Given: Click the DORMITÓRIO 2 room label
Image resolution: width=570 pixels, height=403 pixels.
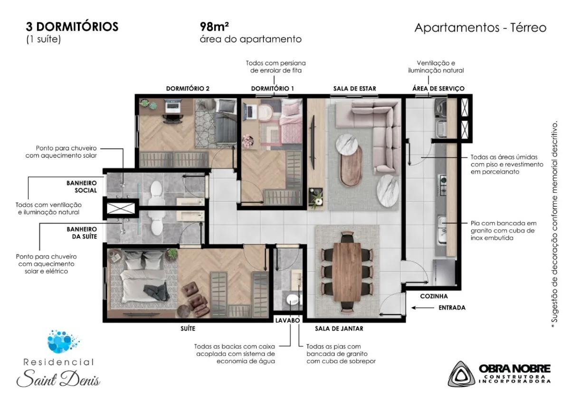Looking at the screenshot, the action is click(188, 88).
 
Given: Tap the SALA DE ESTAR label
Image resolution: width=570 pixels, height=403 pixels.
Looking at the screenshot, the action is click(355, 88).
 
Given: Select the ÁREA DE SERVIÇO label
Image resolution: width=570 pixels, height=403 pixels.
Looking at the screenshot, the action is click(438, 88).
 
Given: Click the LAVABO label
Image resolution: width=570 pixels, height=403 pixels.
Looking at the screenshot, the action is click(287, 320).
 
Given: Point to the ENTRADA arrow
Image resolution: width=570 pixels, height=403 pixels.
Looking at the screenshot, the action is click(423, 308).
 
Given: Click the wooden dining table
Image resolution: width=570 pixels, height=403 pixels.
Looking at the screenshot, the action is click(347, 272).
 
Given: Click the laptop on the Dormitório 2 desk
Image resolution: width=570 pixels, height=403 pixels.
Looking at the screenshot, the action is click(173, 106).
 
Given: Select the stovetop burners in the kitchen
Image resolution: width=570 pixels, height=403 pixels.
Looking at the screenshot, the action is click(442, 185).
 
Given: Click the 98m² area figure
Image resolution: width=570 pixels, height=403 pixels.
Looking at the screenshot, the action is click(214, 27).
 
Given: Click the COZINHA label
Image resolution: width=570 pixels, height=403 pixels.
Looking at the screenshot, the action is click(434, 296).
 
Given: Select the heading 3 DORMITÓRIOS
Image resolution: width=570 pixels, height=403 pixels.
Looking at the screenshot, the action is click(72, 27).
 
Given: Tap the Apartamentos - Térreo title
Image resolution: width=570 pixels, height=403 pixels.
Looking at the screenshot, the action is click(480, 28).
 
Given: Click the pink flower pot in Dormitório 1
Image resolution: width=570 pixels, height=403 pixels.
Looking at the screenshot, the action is click(248, 141).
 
